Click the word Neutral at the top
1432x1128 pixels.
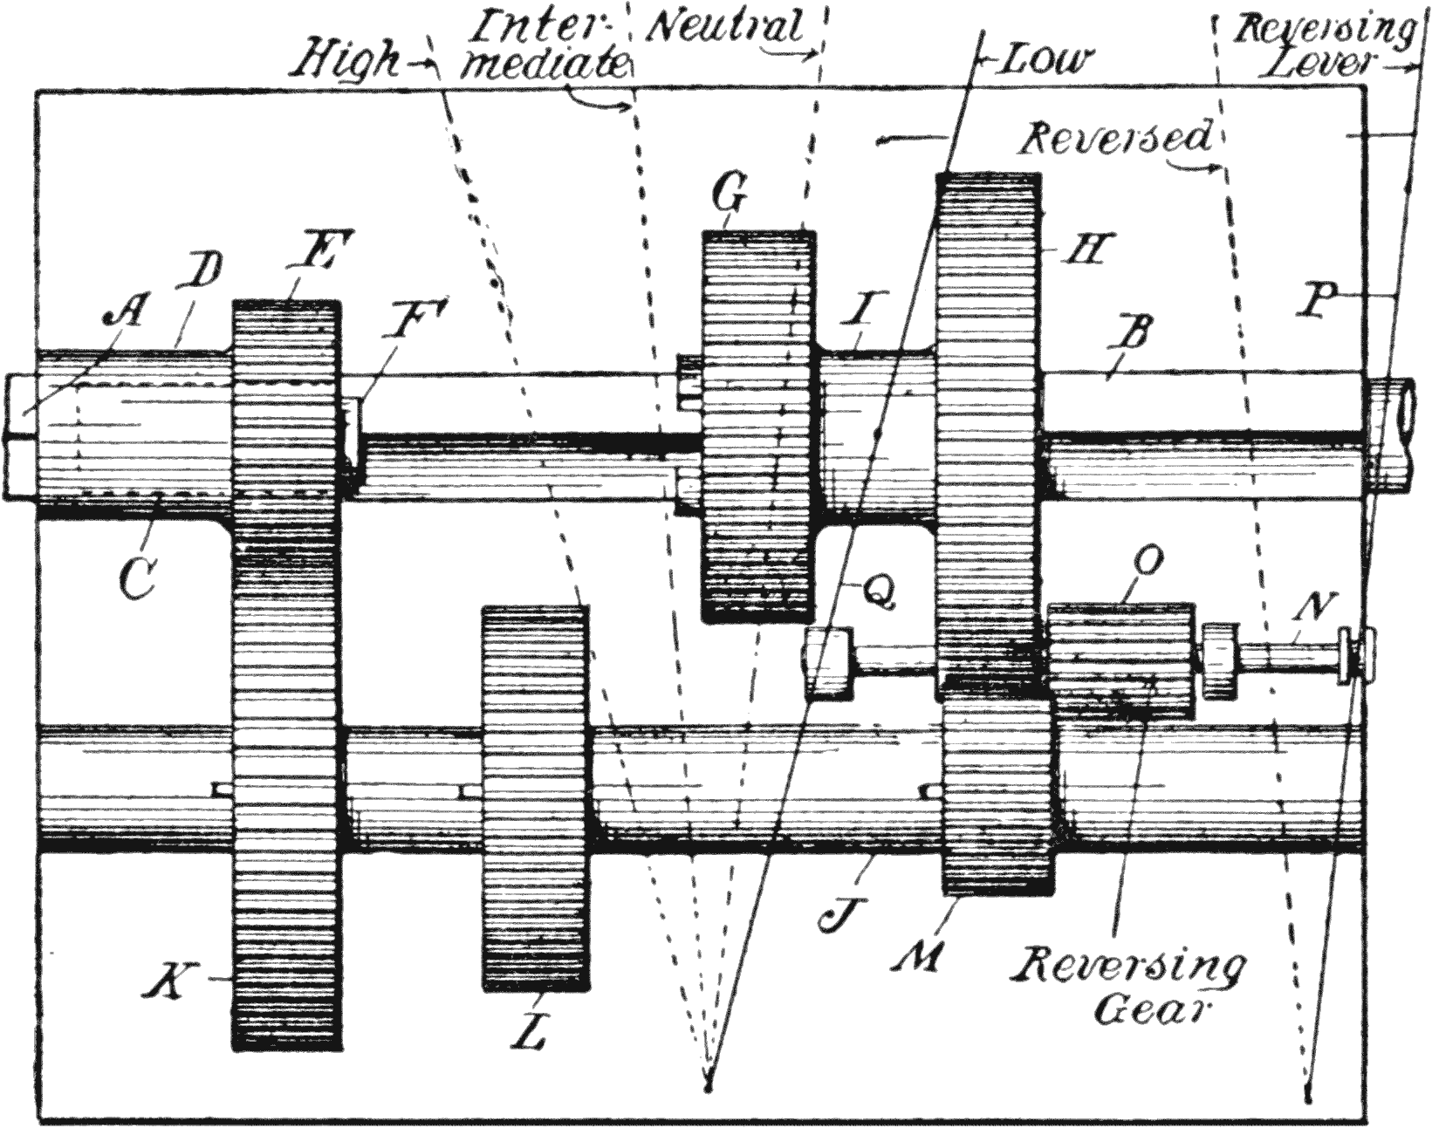pos(725,28)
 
